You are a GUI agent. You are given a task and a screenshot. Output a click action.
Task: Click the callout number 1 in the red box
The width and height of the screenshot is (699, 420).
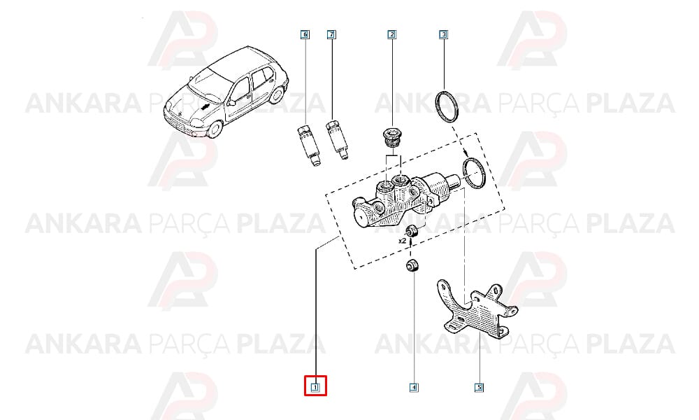(x=315, y=387)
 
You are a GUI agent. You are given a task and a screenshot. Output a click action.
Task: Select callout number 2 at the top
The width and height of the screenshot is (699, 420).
(x=391, y=34)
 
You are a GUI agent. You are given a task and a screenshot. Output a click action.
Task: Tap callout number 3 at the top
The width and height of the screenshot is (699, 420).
(x=443, y=34)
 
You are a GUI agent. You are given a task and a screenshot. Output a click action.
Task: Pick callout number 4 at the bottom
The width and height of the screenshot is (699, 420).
(x=413, y=387)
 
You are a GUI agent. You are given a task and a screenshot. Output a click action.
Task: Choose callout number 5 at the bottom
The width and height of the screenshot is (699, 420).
(x=479, y=387)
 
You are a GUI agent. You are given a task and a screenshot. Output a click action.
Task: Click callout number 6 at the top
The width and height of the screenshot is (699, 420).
(x=305, y=34)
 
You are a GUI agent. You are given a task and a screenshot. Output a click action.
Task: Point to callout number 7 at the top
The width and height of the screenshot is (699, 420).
(x=331, y=34)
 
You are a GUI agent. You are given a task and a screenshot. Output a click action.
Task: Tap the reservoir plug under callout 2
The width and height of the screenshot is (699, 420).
(x=391, y=139)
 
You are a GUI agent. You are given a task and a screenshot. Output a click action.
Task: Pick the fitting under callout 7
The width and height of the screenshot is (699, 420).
(x=338, y=139)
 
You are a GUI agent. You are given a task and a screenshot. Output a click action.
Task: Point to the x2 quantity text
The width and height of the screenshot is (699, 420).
(x=403, y=240)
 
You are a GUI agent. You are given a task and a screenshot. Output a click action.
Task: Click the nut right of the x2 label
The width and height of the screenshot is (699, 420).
(x=412, y=231)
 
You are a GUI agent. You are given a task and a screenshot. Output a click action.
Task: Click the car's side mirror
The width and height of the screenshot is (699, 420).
(x=231, y=103)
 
